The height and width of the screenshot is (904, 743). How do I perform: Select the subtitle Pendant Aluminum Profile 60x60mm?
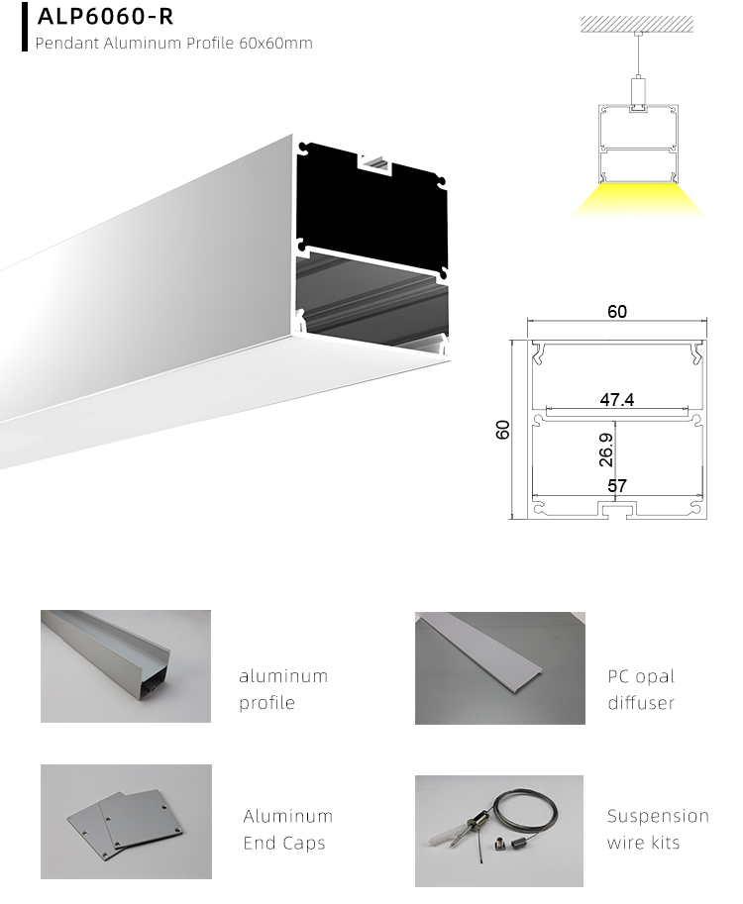(x=173, y=44)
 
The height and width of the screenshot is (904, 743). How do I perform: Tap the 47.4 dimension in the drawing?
(x=616, y=400)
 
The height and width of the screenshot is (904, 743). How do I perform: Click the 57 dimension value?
(x=616, y=486)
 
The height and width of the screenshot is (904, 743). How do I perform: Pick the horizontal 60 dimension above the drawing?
(x=616, y=312)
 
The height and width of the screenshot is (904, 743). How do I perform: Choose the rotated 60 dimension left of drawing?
(x=503, y=430)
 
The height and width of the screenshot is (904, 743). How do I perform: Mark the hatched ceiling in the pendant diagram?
(x=639, y=23)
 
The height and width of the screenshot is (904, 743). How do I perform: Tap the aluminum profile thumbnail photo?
(x=126, y=665)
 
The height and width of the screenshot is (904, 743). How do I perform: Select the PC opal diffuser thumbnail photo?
(x=499, y=667)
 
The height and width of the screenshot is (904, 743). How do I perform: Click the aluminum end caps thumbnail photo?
(x=126, y=821)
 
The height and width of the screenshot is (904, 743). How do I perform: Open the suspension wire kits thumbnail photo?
(x=499, y=830)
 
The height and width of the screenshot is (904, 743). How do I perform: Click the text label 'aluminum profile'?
(x=282, y=689)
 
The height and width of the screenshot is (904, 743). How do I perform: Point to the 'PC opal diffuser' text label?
(x=641, y=689)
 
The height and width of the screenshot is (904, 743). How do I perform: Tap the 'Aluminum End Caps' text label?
(x=287, y=830)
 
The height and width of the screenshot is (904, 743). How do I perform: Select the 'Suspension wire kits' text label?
(x=658, y=830)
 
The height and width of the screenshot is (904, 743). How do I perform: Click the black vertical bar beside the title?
(x=24, y=27)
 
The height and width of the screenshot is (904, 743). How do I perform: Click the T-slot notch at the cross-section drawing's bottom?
(x=616, y=510)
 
